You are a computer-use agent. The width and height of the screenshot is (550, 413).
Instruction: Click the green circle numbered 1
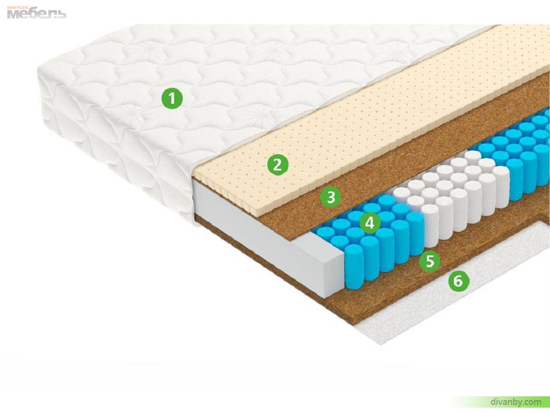[172, 98]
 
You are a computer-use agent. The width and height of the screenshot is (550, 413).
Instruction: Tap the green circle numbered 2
[278, 165]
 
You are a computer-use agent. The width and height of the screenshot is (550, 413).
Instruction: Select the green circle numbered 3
[331, 197]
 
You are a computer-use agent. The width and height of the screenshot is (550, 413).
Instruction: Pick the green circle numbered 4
[370, 223]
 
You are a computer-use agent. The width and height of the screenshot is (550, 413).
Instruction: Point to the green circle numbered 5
[430, 261]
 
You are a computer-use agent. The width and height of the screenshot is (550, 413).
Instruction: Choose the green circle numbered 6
[459, 281]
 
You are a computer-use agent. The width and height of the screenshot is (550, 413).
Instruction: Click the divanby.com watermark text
[516, 401]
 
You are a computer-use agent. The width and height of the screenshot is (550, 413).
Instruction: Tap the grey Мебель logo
[37, 13]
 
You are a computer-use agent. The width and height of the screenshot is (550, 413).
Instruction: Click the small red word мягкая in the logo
[18, 8]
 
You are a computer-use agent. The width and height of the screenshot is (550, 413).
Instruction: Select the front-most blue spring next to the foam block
[354, 266]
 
